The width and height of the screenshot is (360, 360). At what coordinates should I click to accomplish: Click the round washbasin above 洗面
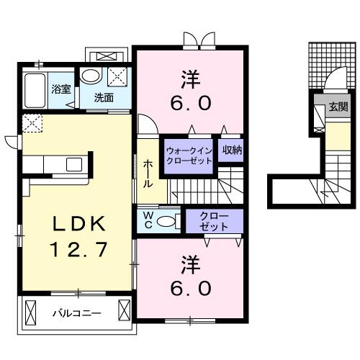tap(91, 76)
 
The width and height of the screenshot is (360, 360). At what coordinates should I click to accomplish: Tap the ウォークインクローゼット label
tap(188, 156)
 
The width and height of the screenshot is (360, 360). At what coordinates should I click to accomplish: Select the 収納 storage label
tap(231, 150)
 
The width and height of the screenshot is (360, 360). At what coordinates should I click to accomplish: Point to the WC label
tap(147, 220)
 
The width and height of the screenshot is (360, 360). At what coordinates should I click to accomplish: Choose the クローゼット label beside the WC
tap(215, 221)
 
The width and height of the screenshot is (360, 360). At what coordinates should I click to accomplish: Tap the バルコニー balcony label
tap(76, 313)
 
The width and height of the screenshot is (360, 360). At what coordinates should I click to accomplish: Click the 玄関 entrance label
tap(337, 108)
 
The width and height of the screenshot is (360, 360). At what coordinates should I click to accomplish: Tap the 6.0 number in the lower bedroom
tap(191, 288)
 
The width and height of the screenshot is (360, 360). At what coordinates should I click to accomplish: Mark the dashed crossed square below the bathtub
tap(31, 123)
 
